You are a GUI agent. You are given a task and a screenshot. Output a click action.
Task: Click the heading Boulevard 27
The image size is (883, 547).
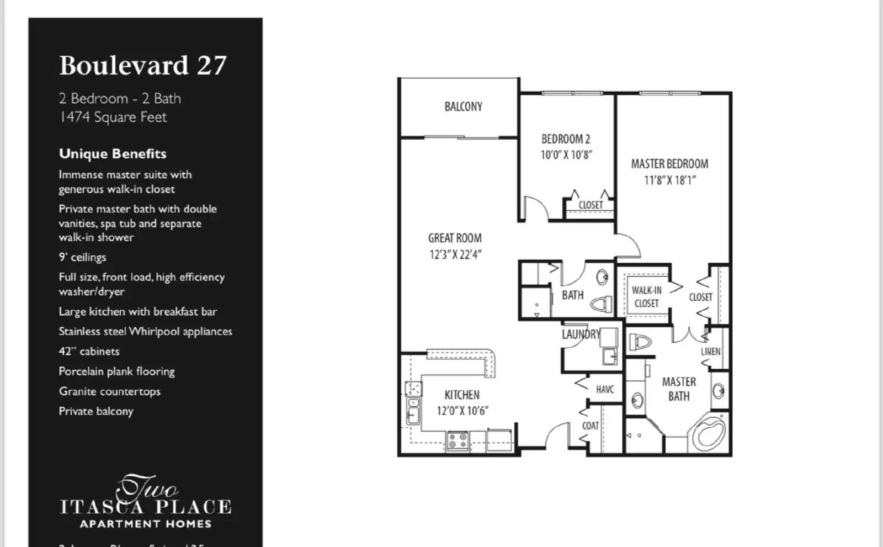[x=142, y=65]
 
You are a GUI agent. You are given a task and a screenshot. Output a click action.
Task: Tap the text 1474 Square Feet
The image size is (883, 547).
[x=113, y=117]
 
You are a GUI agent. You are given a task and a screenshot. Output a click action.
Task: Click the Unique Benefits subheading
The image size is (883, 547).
[x=113, y=153]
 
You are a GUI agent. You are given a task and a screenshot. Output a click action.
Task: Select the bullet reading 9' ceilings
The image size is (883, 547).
[x=82, y=257]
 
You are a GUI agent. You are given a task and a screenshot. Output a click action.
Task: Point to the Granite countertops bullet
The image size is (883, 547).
[x=109, y=391]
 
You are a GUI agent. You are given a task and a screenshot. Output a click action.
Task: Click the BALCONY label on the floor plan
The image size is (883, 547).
[x=463, y=107]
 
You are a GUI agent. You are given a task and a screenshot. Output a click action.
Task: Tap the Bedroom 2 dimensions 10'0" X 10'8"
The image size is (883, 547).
[x=566, y=155]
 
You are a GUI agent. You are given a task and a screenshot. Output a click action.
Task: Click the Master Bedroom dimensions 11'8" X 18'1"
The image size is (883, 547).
[x=669, y=180]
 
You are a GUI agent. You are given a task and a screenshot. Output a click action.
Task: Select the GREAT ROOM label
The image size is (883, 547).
[x=455, y=238]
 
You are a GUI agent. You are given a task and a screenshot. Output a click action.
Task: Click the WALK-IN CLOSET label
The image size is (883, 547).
[x=646, y=296]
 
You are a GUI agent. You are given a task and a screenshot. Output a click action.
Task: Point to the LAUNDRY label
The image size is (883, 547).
[x=580, y=334]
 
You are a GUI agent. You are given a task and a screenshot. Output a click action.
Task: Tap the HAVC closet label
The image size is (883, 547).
[x=604, y=389]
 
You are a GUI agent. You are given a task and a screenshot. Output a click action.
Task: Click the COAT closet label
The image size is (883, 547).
[x=590, y=426]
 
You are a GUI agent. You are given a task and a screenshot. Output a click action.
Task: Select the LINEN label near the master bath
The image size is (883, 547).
[x=710, y=351]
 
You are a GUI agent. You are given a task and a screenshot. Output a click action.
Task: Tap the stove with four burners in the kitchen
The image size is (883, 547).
[x=458, y=440]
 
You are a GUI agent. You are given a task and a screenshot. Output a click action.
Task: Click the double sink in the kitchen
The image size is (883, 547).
[x=413, y=411]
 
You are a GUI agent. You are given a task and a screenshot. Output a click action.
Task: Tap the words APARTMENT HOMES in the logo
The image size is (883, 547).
[x=146, y=524]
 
